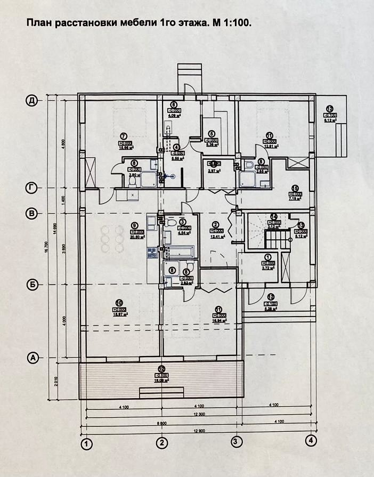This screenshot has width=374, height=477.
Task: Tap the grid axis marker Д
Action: (x=32, y=100)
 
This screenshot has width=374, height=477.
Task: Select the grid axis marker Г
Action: (x=32, y=188)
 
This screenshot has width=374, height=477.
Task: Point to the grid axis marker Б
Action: (x=32, y=285)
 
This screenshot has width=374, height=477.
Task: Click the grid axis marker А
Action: (x=32, y=358)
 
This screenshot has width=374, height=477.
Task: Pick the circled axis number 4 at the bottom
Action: (x=311, y=441)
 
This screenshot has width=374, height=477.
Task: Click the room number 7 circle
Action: (x=123, y=136)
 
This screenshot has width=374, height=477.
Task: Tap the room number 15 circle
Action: (x=295, y=188)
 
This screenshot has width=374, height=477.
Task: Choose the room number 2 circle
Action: (x=216, y=224)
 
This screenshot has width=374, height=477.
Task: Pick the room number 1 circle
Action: (x=267, y=257)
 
